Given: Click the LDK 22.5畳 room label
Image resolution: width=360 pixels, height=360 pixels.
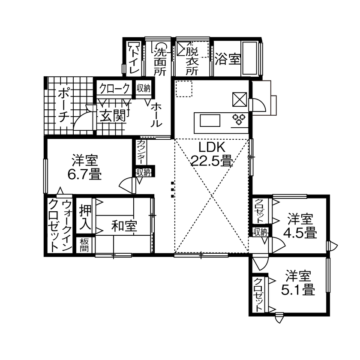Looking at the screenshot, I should click(211, 154).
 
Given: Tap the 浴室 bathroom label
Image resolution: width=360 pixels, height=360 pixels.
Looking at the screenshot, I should click(227, 59).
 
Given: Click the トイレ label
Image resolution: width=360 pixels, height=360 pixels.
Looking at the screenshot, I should click(134, 60).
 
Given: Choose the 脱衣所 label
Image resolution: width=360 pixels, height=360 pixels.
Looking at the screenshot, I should click(192, 61).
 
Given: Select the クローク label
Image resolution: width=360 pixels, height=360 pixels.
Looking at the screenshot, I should click(114, 89).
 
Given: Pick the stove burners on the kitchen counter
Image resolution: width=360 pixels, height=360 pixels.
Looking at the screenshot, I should click(238, 119).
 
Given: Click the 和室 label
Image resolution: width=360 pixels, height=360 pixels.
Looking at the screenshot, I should click(124, 226).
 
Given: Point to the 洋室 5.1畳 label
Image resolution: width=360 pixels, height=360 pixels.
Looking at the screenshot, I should click(298, 283).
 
